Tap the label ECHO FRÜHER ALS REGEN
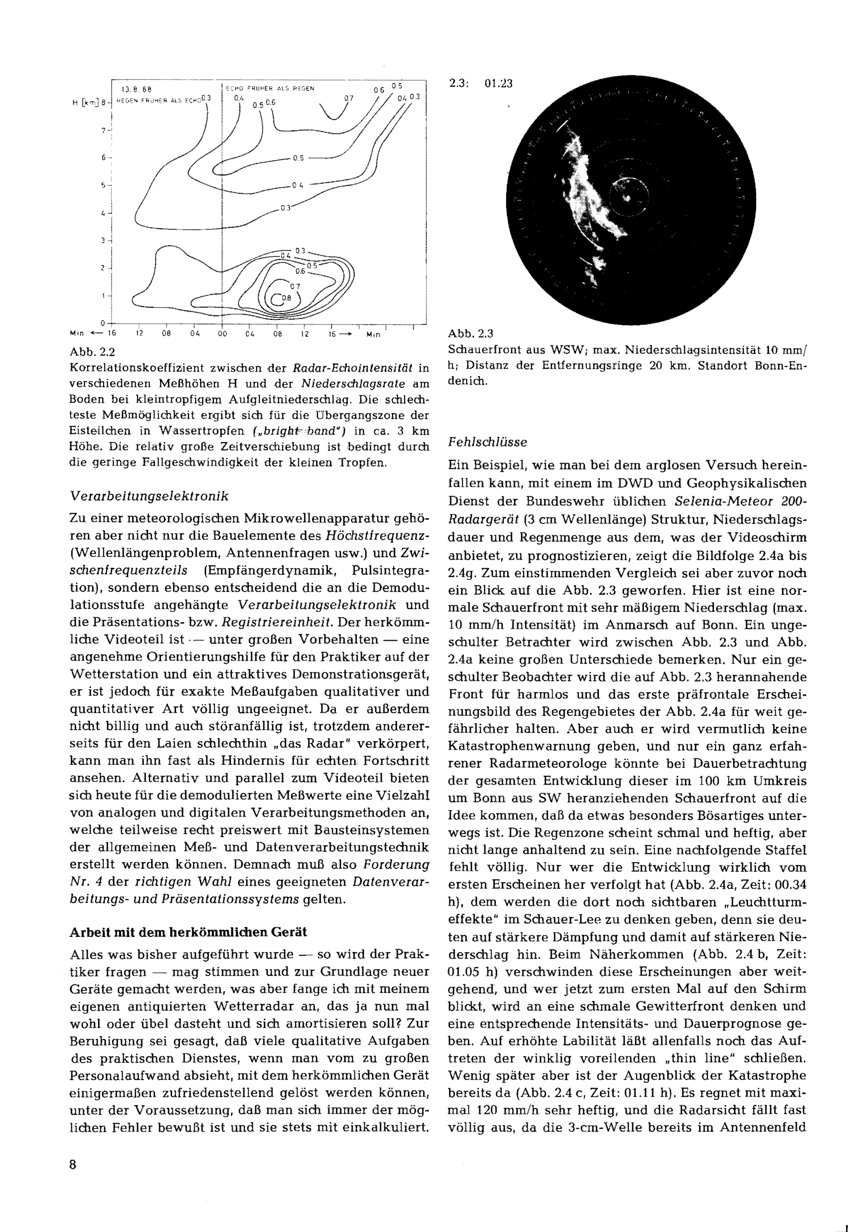point(269,88)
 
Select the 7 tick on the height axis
point(104,130)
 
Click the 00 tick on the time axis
point(222,334)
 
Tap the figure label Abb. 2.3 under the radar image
point(471,334)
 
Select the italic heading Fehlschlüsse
point(487,442)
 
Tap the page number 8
point(73,1164)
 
